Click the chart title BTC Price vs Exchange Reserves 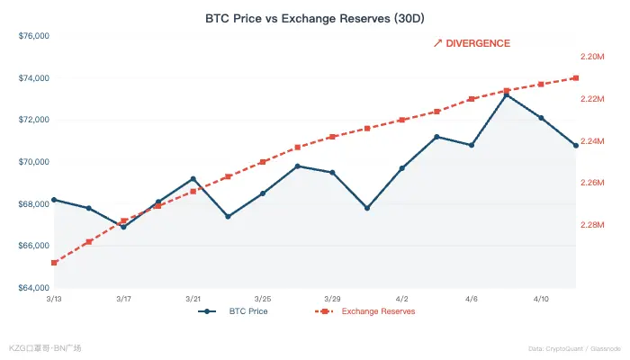(x=314, y=17)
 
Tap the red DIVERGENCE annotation (x=472, y=43)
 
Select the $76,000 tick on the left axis (x=33, y=36)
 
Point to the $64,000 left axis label (x=33, y=288)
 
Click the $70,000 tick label (x=33, y=162)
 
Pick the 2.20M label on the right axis (x=593, y=57)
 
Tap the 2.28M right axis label (x=593, y=225)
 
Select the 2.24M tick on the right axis (x=593, y=141)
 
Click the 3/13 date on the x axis (x=54, y=298)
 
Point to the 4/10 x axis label (x=541, y=298)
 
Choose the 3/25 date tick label (x=263, y=298)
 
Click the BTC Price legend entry (x=236, y=311)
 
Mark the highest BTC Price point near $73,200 (x=507, y=94)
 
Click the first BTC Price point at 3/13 (x=54, y=200)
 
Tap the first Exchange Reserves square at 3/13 (x=54, y=263)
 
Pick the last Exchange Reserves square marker (x=576, y=78)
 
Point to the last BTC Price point (x=576, y=145)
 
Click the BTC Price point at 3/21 (x=193, y=179)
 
